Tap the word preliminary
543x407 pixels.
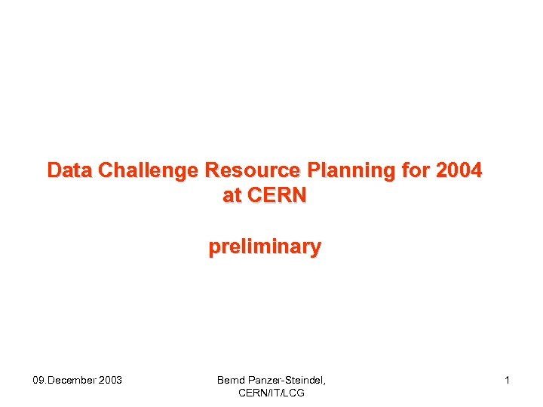[x=265, y=246]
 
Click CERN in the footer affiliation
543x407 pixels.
[x=252, y=393]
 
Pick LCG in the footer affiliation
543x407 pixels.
[x=293, y=393]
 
